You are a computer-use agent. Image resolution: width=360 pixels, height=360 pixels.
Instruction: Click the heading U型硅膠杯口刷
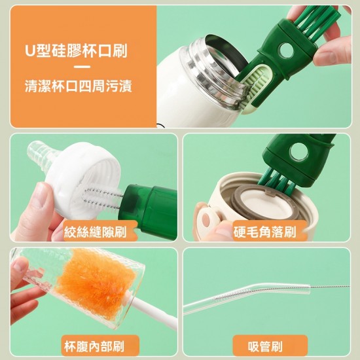click(81, 51)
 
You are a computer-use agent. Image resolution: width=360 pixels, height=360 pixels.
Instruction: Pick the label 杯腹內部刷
click(94, 345)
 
